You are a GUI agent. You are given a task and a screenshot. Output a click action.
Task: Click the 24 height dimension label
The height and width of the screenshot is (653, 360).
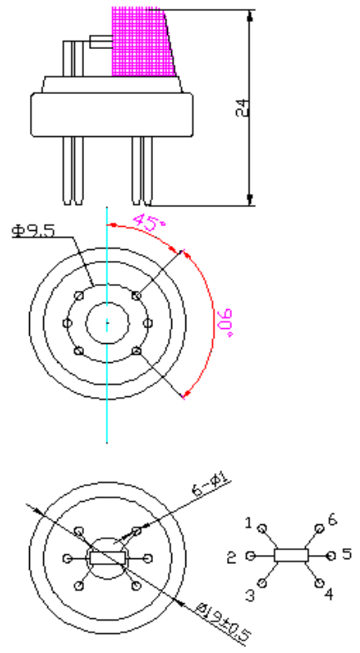click(242, 107)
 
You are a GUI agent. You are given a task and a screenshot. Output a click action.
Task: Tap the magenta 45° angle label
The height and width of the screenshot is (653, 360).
click(149, 222)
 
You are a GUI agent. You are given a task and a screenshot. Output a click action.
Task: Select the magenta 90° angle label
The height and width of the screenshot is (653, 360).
click(225, 322)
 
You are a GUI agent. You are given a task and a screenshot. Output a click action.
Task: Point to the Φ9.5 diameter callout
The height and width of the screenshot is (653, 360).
click(33, 230)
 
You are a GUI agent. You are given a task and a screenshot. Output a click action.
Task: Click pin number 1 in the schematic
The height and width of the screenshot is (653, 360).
click(249, 523)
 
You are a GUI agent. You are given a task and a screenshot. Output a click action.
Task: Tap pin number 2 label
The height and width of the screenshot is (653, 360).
click(232, 557)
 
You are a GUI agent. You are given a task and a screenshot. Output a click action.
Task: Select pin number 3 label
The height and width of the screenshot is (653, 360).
click(249, 596)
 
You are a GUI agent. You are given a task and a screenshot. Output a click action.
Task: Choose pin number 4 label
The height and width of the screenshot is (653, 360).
click(328, 594)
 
